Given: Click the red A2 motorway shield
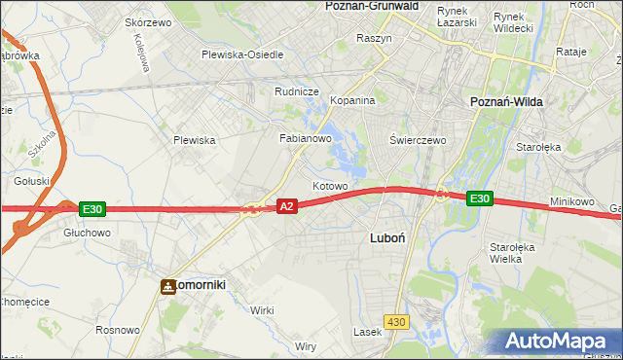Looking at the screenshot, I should point(286,206).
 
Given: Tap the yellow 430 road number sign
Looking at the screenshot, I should point(394,320).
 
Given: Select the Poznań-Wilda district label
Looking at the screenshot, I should point(506,101).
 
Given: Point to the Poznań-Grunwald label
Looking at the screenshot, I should point(371,6).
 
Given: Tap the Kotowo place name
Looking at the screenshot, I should point(330,185).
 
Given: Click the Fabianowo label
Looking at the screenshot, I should point(307,138).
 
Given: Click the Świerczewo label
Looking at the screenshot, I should point(418,140).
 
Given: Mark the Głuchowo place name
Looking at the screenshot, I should point(87,234).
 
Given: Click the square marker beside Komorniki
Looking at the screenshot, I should point(167,285).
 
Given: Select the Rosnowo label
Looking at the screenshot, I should point(116,330).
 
